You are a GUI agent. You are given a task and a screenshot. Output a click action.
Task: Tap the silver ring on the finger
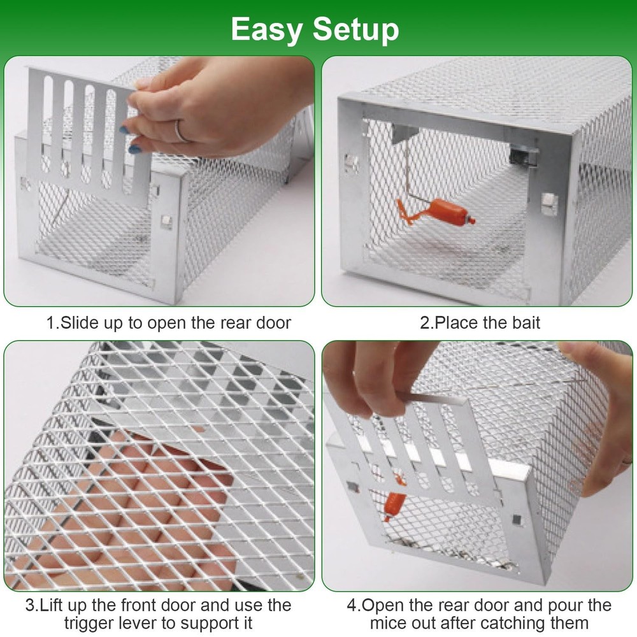[x=182, y=131]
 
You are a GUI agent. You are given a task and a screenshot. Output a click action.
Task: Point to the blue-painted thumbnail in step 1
[x=134, y=150]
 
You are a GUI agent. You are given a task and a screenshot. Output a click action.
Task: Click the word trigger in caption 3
[x=90, y=622]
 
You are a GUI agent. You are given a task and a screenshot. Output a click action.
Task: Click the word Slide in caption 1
[x=80, y=322]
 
